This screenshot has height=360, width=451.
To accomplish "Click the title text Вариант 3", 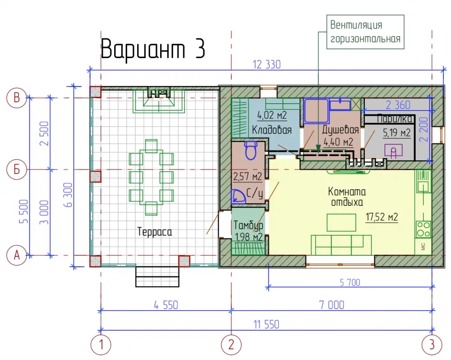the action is click(153, 49).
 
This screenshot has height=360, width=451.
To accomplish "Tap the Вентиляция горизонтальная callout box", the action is click(365, 32).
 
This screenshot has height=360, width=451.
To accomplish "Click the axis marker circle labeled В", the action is click(17, 98).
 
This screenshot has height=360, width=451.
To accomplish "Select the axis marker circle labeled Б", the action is click(17, 169).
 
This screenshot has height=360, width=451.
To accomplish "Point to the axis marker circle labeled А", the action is click(17, 255).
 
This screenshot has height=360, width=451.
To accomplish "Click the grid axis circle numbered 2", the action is click(231, 345).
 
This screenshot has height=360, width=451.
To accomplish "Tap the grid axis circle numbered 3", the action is click(432, 345).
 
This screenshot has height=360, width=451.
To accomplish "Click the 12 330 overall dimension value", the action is click(267, 64).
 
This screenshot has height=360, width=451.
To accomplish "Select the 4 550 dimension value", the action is click(166, 305).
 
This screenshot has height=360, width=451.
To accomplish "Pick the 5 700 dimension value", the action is click(350, 283).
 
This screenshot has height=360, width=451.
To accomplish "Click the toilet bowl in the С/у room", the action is click(251, 150).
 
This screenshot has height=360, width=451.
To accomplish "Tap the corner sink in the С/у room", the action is click(238, 196).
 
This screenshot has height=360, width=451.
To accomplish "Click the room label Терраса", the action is click(154, 232).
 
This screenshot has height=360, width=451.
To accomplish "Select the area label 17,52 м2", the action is click(382, 217).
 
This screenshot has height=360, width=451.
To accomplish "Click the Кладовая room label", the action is click(272, 130).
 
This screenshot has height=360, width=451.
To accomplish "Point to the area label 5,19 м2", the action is click(396, 133).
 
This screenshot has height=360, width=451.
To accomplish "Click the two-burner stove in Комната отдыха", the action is click(423, 229).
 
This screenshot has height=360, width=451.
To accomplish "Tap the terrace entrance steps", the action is click(157, 277).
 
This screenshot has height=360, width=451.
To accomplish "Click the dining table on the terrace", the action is click(151, 177).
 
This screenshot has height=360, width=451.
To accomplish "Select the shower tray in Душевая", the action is click(316, 111).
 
